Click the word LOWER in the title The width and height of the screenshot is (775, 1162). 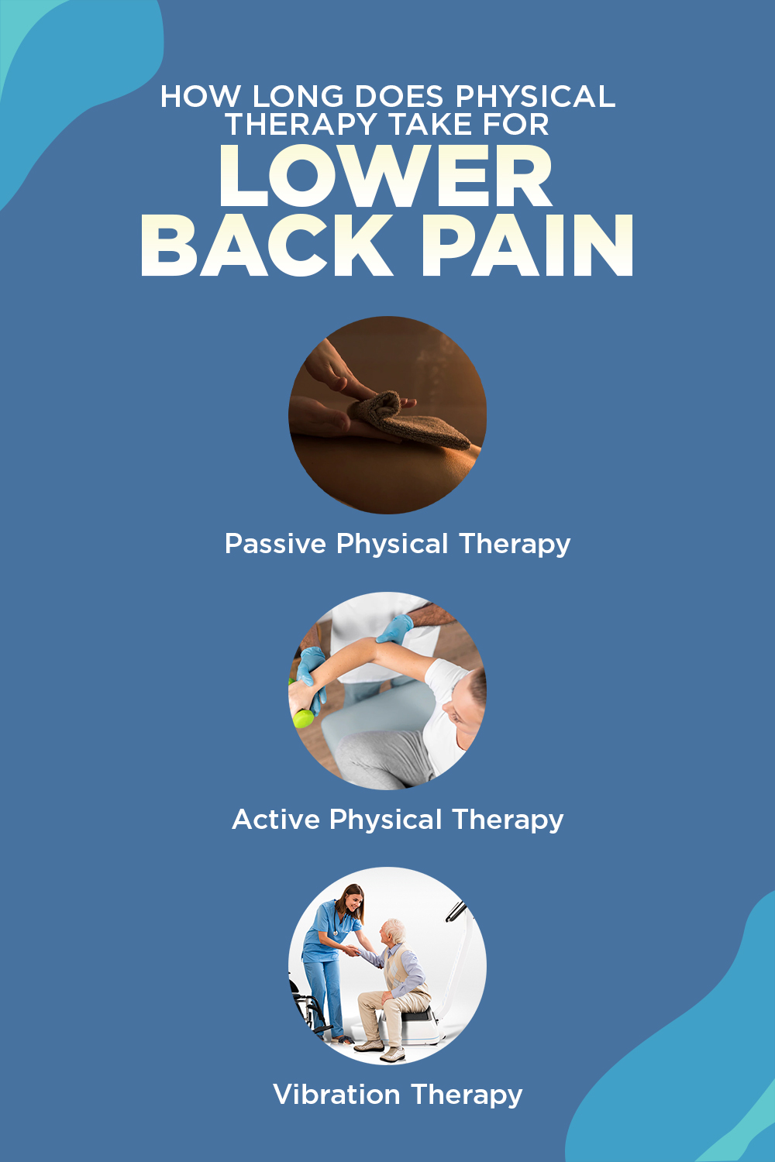point(385,177)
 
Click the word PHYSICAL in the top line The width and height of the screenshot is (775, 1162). point(535,97)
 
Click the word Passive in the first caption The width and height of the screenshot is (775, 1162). point(275,543)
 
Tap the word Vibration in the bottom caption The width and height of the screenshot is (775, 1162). point(336,1094)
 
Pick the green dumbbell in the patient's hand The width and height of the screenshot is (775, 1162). point(302,717)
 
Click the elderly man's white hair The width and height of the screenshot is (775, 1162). point(394,928)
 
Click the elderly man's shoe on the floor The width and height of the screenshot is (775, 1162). point(391,1054)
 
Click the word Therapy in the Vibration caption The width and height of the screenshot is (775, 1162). point(467,1094)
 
